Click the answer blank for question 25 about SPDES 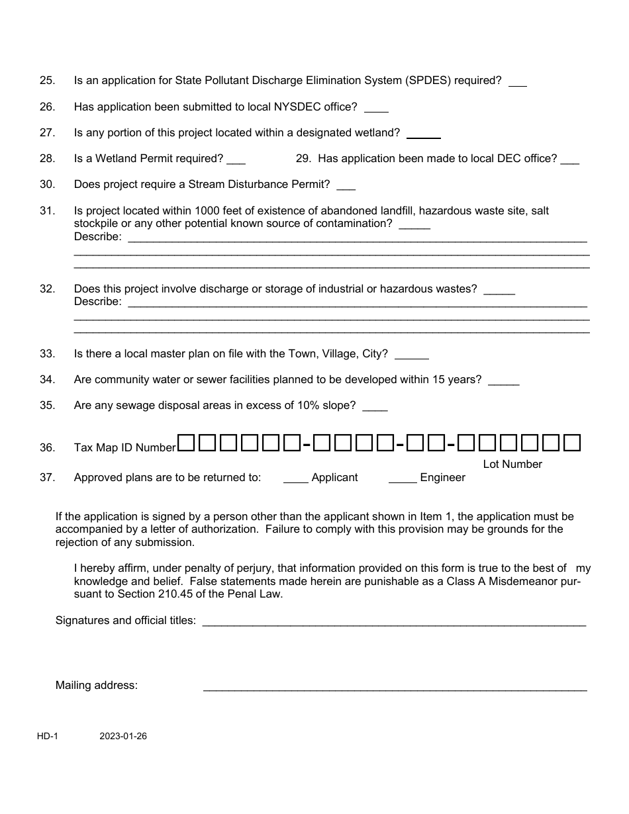coord(518,82)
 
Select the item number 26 coord(47,107)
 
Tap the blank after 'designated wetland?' coord(423,134)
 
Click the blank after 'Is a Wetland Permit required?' coord(236,160)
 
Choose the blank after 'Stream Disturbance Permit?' coord(346,186)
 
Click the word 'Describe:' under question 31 coord(97,236)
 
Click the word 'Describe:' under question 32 coord(97,302)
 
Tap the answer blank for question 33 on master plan coord(411,355)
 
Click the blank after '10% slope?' coord(375,407)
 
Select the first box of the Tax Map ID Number coord(187,442)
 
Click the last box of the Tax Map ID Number coord(571,442)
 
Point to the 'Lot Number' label coord(512,465)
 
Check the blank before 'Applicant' coord(295,479)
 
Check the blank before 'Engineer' coord(403,479)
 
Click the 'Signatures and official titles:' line coord(393,622)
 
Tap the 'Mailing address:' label coord(96,686)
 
